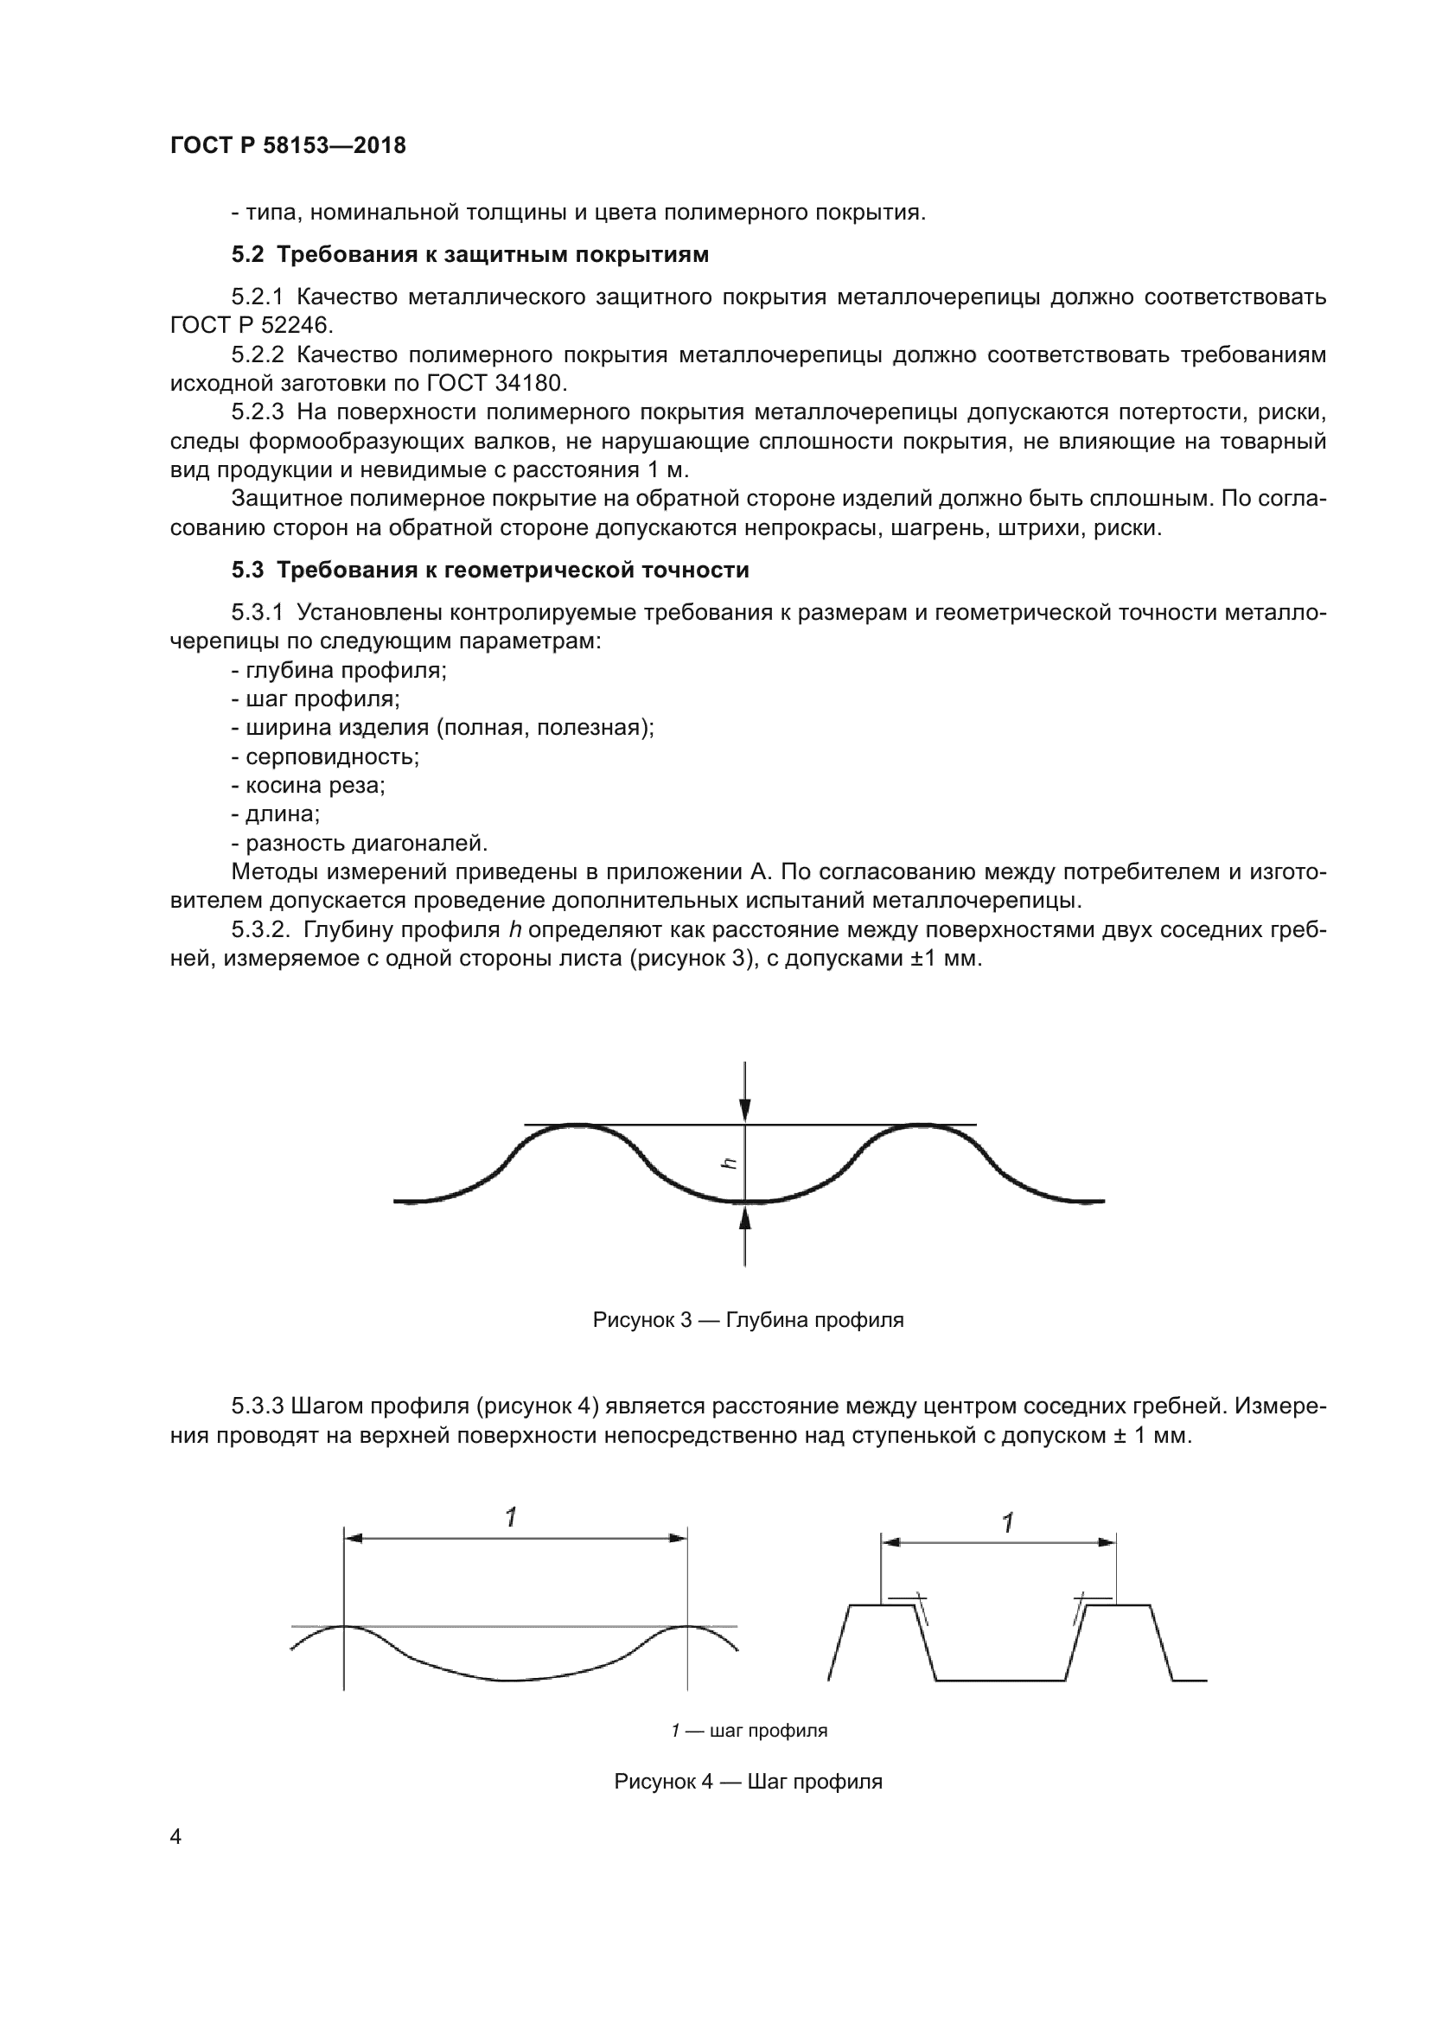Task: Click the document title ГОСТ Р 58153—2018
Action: point(288,146)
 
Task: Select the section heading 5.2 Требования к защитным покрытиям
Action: point(470,255)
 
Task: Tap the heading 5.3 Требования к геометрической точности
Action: point(490,571)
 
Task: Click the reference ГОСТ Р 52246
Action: point(252,326)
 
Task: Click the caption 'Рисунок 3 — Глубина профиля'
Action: point(749,1320)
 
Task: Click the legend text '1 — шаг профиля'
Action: point(749,1731)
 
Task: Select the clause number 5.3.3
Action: point(256,1406)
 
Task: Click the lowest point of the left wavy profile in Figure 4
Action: point(509,1681)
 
